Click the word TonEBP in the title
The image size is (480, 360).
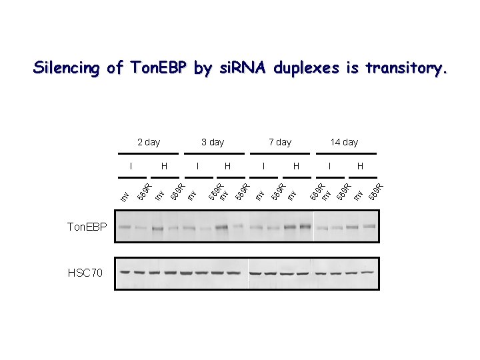point(154,68)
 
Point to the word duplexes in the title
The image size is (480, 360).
point(305,68)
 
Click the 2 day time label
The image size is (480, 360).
point(148,142)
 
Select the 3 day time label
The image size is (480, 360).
point(213,142)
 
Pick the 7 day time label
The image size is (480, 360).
point(280,142)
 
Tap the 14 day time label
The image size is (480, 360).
point(344,142)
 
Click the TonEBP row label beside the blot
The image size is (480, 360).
point(87,227)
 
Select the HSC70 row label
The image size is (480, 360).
point(85,273)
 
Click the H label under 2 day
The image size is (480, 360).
point(164,165)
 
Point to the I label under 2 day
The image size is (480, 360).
point(131,165)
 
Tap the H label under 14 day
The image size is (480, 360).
point(361,165)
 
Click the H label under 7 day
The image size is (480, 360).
point(296,165)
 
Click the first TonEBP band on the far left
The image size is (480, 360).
point(125,227)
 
